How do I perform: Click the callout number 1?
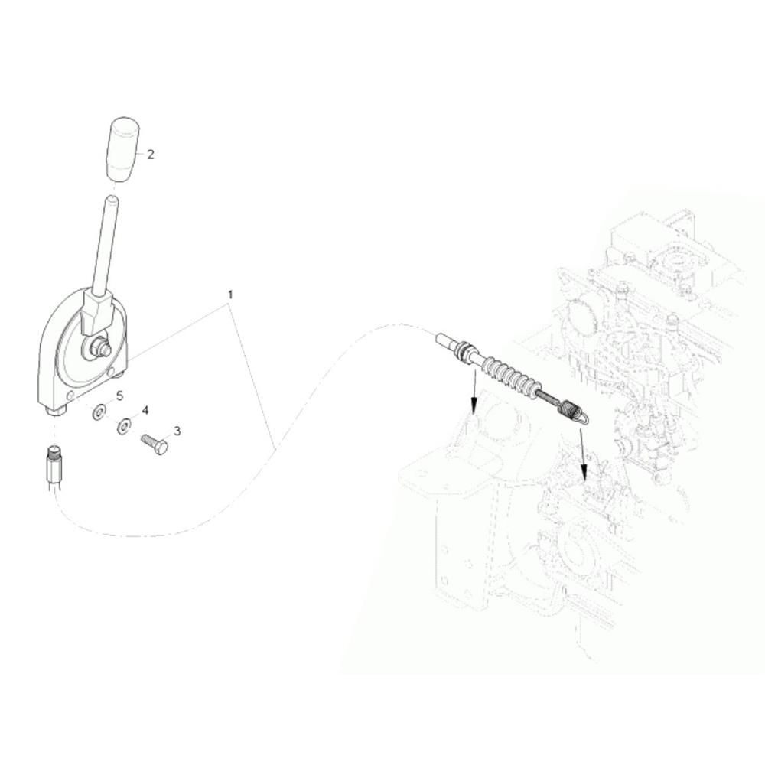(x=230, y=295)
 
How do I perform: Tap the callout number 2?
(x=150, y=155)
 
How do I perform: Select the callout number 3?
(x=177, y=431)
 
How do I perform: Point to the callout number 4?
(x=145, y=411)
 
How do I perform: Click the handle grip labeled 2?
(x=122, y=149)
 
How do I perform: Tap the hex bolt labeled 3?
(x=155, y=444)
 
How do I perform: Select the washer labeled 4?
(x=124, y=426)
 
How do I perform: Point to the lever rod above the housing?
(x=104, y=246)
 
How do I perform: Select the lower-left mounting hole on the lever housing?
(x=70, y=394)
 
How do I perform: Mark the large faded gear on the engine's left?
(x=580, y=320)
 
